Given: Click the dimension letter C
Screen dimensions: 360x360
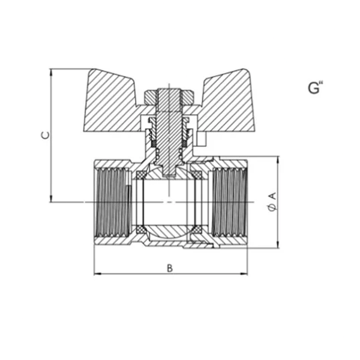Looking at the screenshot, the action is pos(46,135).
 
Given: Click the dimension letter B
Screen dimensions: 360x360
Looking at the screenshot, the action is pos(170,268).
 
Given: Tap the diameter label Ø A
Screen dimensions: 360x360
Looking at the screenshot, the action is pos(272,202).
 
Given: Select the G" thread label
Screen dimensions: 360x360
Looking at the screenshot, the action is pos(315,88).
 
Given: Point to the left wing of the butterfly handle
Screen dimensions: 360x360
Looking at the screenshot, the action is pos(110,103).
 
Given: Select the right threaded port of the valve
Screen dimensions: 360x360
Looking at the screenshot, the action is pos(229,203).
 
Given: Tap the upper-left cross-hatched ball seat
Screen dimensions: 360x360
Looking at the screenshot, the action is pos(141,175).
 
